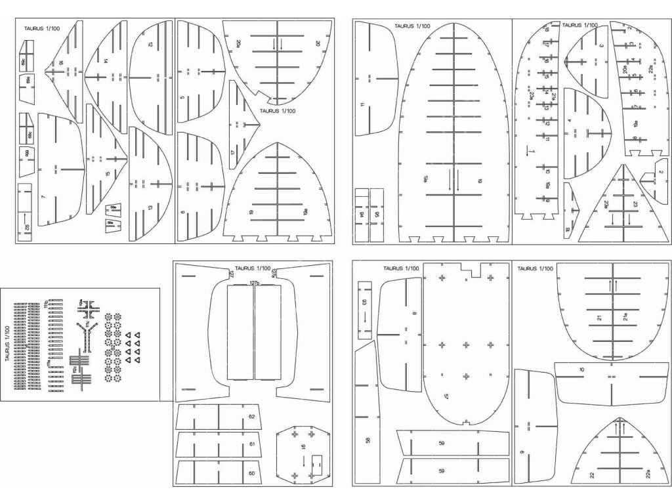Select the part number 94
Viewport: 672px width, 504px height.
[362, 214]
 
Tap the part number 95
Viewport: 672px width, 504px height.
[377, 214]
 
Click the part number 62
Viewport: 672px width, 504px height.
[251, 417]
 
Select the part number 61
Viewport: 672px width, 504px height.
[251, 445]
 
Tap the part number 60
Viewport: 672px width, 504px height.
[251, 473]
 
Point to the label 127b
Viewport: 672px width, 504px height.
[255, 282]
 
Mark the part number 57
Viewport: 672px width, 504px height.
[446, 397]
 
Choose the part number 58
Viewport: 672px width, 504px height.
[367, 440]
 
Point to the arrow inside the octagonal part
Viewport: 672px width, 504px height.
[303, 463]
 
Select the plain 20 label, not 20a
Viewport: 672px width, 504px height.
[318, 43]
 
